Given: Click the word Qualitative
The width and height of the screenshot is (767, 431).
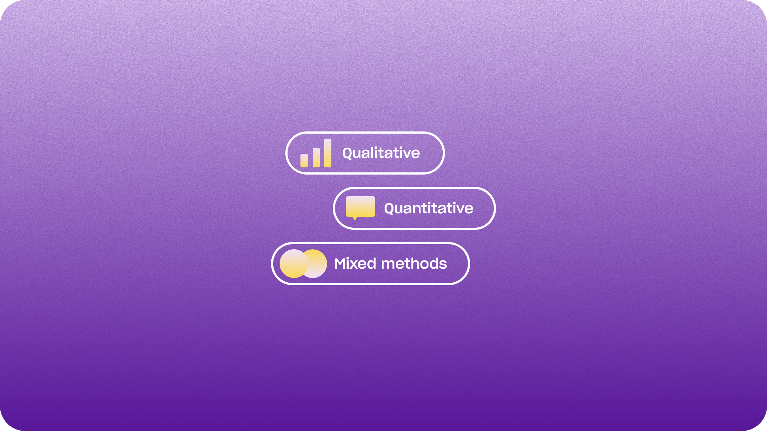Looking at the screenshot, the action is click(x=381, y=153).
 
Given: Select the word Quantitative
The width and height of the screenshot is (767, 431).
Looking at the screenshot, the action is click(x=428, y=209).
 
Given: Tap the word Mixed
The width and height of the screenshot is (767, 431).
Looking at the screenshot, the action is click(x=355, y=264).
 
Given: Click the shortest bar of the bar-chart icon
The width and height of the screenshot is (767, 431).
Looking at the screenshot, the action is click(x=304, y=161).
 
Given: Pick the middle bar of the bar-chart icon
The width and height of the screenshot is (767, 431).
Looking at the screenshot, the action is click(x=316, y=158).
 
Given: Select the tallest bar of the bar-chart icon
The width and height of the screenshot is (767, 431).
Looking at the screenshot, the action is click(x=328, y=153).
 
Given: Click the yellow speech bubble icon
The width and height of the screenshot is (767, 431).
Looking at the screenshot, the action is click(x=360, y=207).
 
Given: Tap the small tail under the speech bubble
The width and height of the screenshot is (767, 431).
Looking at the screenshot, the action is click(x=355, y=218).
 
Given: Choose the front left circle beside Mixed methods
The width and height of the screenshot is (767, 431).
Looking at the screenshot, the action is click(x=294, y=264).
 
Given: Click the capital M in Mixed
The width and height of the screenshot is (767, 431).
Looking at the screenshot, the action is click(x=341, y=264).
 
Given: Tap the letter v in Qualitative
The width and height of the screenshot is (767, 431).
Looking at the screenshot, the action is click(x=405, y=155).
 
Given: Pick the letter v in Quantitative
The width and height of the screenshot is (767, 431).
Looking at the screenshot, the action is click(x=458, y=210).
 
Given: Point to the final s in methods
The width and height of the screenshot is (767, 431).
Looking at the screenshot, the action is click(x=443, y=265).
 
